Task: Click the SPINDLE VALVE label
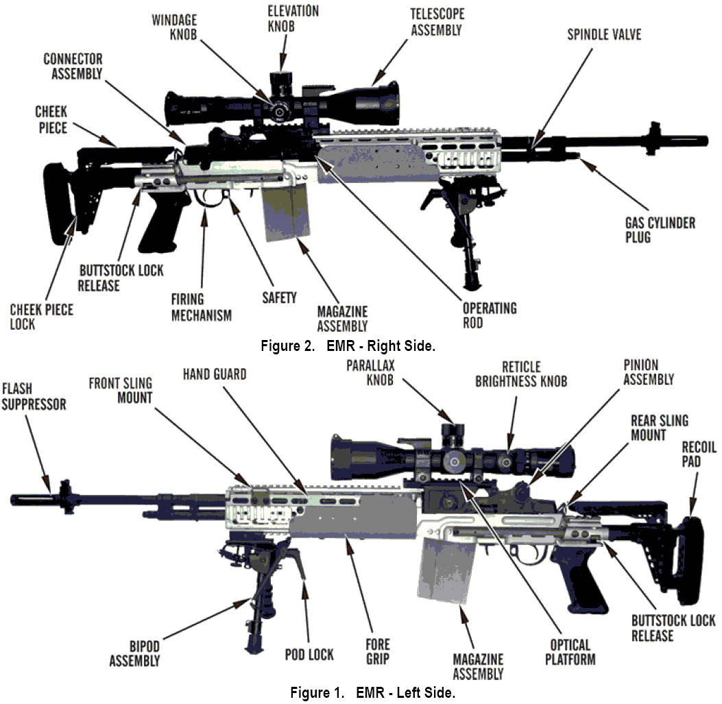point(603,34)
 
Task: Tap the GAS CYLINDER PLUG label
point(660,230)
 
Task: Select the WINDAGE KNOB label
point(175,27)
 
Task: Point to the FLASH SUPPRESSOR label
point(34,396)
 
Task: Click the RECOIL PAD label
point(699,454)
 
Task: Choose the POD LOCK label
point(309,654)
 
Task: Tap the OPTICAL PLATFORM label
point(570,652)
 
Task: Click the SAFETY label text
point(280,298)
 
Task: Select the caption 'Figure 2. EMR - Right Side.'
point(348,345)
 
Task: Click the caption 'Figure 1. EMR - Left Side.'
point(372,692)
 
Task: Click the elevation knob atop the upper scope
point(281,82)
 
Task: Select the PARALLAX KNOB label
point(371,372)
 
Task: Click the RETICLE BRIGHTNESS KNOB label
point(521,374)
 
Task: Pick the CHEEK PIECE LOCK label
point(41,316)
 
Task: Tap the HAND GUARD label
point(215,374)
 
